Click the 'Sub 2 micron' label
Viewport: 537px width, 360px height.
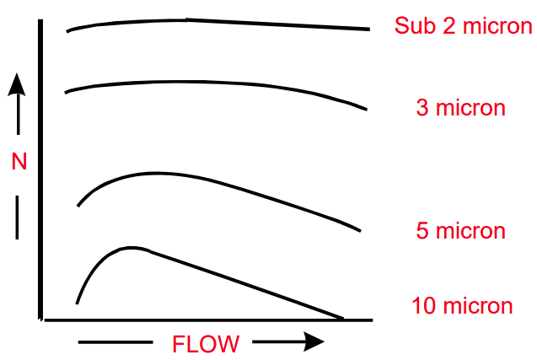[x=463, y=25]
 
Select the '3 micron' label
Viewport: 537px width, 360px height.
[x=460, y=108]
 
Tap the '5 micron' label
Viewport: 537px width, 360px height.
[x=460, y=230]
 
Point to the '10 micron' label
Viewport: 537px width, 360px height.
[x=462, y=305]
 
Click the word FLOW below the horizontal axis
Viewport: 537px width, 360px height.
[x=206, y=344]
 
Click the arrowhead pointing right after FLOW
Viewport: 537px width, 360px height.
[x=314, y=341]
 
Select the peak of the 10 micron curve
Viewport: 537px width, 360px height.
[x=131, y=248]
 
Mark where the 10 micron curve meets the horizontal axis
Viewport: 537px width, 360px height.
[x=342, y=319]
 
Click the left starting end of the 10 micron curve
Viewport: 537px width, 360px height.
[x=78, y=302]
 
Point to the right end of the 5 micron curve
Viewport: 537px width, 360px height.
[x=361, y=232]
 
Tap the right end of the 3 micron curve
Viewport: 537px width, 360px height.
[x=367, y=110]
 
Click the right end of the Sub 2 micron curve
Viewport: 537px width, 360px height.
[x=369, y=30]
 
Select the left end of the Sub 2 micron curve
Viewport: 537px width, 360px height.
[x=67, y=31]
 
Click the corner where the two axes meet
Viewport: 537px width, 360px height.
[x=40, y=320]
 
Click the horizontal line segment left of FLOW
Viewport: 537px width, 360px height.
[x=114, y=342]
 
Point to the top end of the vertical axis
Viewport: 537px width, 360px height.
[x=40, y=19]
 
